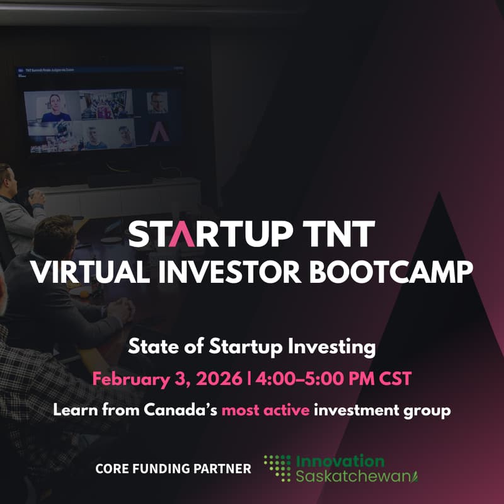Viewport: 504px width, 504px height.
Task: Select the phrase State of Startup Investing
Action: click(252, 345)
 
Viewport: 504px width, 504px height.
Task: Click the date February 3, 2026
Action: click(167, 379)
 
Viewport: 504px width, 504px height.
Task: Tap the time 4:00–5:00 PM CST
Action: click(333, 379)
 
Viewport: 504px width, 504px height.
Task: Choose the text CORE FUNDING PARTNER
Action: click(173, 469)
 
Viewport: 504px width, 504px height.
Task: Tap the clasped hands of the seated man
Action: click(119, 311)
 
